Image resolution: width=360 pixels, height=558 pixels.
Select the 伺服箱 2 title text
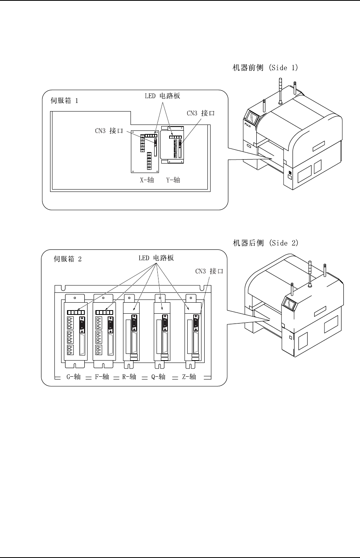point(67,259)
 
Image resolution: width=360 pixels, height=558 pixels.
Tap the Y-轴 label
point(173,180)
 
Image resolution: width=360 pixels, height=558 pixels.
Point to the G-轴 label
point(73,377)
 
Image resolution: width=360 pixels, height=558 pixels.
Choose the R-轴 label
point(129,377)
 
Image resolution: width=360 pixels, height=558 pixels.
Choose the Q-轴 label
point(158,377)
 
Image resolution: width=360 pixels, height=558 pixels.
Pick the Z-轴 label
point(189,377)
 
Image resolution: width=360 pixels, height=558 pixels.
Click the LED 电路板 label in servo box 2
point(156,258)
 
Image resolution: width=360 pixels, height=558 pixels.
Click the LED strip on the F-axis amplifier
point(104,312)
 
